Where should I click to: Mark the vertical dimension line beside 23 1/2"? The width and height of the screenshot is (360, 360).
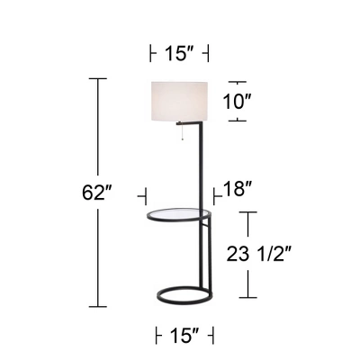250,255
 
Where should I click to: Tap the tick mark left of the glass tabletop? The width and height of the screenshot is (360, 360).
143,193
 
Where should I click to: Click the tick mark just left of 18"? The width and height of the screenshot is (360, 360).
214,192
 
